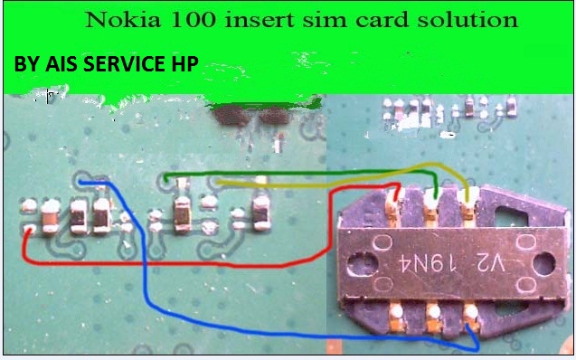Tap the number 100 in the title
(x=184, y=19)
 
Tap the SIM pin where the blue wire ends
(x=470, y=315)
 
